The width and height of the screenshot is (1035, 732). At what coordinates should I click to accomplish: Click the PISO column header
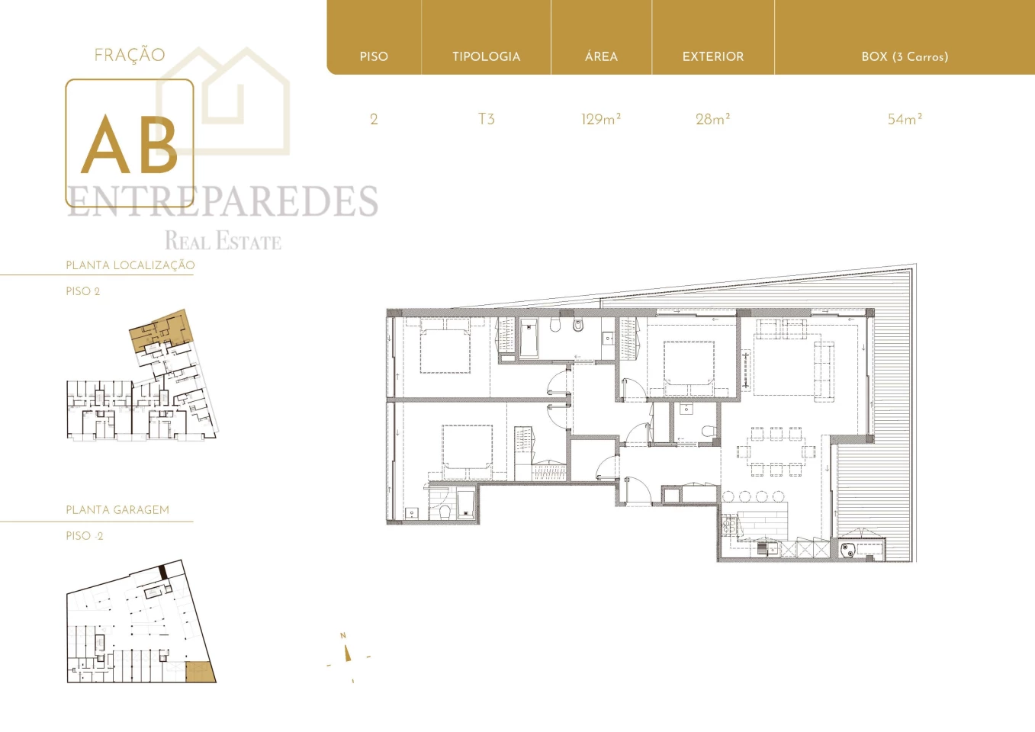click(x=374, y=56)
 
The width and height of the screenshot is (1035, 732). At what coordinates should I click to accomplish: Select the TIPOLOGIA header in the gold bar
click(x=486, y=56)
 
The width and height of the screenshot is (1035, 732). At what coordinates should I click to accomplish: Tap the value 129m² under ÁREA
click(x=601, y=119)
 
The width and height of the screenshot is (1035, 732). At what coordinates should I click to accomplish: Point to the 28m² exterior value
click(x=712, y=119)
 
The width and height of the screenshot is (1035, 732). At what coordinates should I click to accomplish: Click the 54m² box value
click(x=905, y=119)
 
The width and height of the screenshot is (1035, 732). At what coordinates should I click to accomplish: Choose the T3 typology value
click(x=486, y=119)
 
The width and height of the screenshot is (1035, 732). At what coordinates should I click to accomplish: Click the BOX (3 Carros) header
click(x=905, y=56)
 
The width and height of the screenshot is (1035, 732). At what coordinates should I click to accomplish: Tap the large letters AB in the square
click(x=130, y=144)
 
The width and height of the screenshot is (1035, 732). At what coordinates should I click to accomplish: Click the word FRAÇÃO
click(x=130, y=55)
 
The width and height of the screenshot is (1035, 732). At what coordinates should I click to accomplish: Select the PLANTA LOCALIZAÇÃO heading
click(x=130, y=265)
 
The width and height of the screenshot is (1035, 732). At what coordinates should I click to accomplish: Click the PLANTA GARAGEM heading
click(x=117, y=510)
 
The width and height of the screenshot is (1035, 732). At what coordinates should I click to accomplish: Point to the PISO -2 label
click(x=85, y=536)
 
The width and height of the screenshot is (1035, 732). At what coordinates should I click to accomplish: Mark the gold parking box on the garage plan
click(x=200, y=672)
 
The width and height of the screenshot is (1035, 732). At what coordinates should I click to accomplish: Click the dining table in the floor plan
click(x=776, y=451)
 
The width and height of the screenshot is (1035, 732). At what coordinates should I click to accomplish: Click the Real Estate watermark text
click(x=223, y=241)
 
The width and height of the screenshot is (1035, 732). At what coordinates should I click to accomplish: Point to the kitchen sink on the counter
click(x=762, y=550)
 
